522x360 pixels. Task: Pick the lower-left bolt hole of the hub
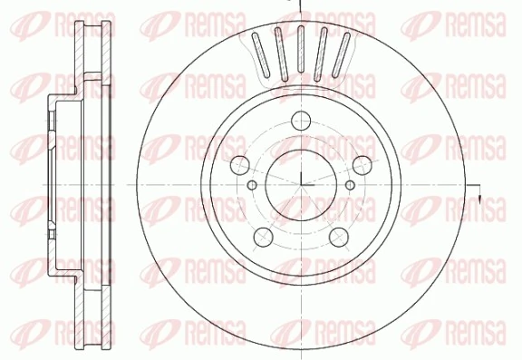pos(264,237)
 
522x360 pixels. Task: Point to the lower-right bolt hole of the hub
pos(339,237)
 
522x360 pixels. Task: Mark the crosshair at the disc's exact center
pos(301,185)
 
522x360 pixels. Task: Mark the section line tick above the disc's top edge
pos(301,5)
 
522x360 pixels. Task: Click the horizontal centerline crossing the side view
pos(72,185)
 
